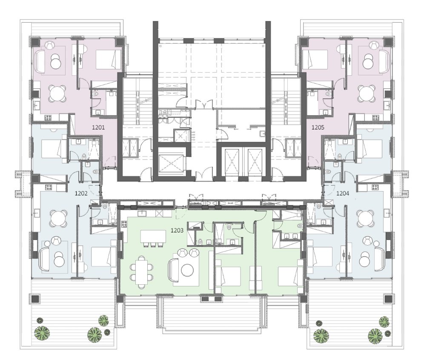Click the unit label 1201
[x=98, y=127]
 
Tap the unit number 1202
[x=81, y=193]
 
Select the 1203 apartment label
[x=177, y=230]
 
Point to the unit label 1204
[x=343, y=193]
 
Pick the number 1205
[x=318, y=127]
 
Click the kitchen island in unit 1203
[x=153, y=237]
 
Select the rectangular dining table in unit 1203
[x=142, y=273]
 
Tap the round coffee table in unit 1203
[x=187, y=269]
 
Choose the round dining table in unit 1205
[x=367, y=93]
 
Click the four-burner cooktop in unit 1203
[x=124, y=224]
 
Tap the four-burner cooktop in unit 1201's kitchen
[x=49, y=117]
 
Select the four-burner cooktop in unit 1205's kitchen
[x=375, y=117]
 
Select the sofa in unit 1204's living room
[x=380, y=260]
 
